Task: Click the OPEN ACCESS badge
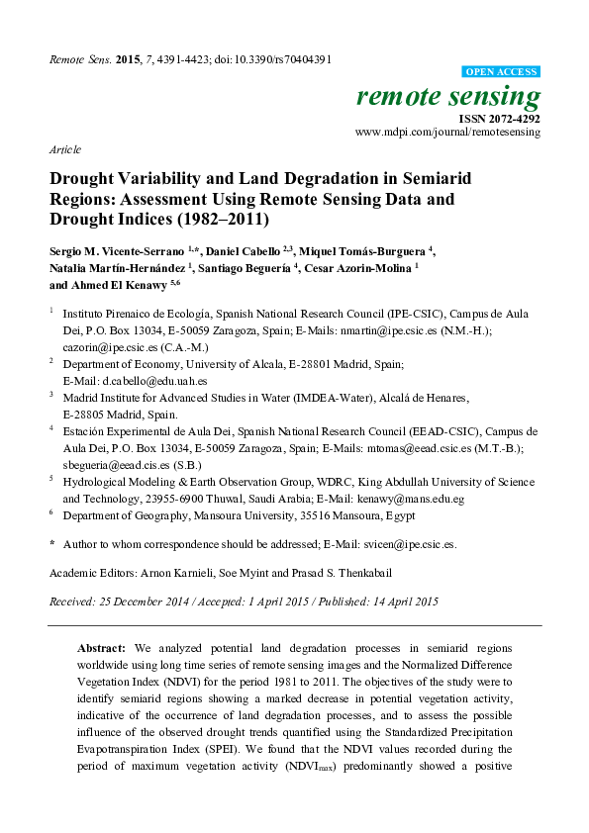point(502,72)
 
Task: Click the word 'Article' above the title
point(64,148)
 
